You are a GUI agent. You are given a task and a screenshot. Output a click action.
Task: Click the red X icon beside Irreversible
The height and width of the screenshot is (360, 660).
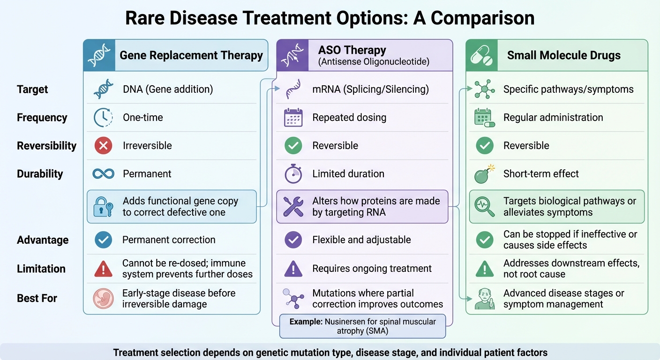pyautogui.click(x=103, y=146)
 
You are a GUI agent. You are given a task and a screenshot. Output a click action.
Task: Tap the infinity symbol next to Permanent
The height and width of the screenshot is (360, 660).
pyautogui.click(x=104, y=174)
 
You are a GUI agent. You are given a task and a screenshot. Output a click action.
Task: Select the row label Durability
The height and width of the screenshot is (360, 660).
pyautogui.click(x=40, y=174)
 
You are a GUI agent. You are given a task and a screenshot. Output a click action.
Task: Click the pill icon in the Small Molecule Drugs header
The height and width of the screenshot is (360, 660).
pyautogui.click(x=482, y=55)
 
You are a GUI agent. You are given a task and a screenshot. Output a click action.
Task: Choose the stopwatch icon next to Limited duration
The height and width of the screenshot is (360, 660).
pyautogui.click(x=293, y=174)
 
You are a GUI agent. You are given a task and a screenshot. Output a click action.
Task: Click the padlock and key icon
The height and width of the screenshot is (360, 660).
pyautogui.click(x=103, y=207)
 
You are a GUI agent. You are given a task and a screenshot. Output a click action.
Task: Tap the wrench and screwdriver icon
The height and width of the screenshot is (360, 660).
pyautogui.click(x=294, y=207)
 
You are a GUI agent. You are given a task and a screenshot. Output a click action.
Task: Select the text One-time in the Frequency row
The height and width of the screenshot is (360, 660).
pyautogui.click(x=143, y=118)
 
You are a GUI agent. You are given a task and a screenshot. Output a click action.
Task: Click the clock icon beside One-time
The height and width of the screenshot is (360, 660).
pyautogui.click(x=103, y=118)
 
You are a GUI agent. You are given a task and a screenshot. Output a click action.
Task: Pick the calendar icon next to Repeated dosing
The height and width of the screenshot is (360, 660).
pyautogui.click(x=294, y=118)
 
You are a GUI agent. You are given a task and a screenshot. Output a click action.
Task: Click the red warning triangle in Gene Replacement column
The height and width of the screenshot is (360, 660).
pyautogui.click(x=103, y=269)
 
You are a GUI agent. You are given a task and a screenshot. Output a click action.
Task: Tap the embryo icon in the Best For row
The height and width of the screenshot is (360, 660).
pyautogui.click(x=103, y=298)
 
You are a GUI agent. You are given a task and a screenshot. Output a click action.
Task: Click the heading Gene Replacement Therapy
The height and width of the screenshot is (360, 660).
pyautogui.click(x=191, y=55)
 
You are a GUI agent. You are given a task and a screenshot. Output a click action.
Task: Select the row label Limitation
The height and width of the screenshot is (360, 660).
pyautogui.click(x=41, y=269)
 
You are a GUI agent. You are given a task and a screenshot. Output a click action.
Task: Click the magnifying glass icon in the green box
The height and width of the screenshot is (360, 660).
pyautogui.click(x=485, y=207)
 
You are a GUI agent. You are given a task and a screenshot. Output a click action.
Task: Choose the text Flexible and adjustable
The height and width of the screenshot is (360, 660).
pyautogui.click(x=361, y=240)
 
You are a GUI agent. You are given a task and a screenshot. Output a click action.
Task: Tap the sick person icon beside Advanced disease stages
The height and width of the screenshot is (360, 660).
pyautogui.click(x=485, y=299)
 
